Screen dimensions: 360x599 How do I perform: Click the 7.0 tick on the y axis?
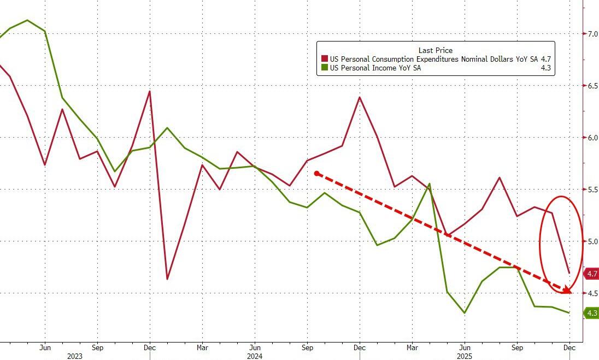592,34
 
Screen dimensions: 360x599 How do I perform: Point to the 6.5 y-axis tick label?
592,86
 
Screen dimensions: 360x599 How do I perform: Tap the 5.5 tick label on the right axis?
592,190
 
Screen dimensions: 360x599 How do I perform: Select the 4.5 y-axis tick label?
592,293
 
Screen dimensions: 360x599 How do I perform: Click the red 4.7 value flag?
591,274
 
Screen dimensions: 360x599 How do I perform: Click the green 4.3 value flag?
591,313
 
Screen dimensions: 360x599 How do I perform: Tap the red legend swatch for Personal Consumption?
324,59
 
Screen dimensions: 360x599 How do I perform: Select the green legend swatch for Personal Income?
324,68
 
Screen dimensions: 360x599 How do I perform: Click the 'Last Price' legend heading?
435,50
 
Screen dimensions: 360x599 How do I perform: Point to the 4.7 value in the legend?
545,59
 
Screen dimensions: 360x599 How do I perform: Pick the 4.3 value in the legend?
545,68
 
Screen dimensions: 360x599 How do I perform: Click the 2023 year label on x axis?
75,356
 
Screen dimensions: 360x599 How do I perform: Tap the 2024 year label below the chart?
254,356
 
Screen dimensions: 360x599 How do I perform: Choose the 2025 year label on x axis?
464,356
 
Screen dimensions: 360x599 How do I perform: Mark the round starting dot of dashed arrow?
316,173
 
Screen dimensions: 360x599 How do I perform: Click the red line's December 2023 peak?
149,91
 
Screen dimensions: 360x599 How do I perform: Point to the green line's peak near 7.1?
27,20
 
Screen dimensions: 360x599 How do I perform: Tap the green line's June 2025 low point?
465,313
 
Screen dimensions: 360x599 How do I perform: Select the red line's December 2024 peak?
360,97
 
